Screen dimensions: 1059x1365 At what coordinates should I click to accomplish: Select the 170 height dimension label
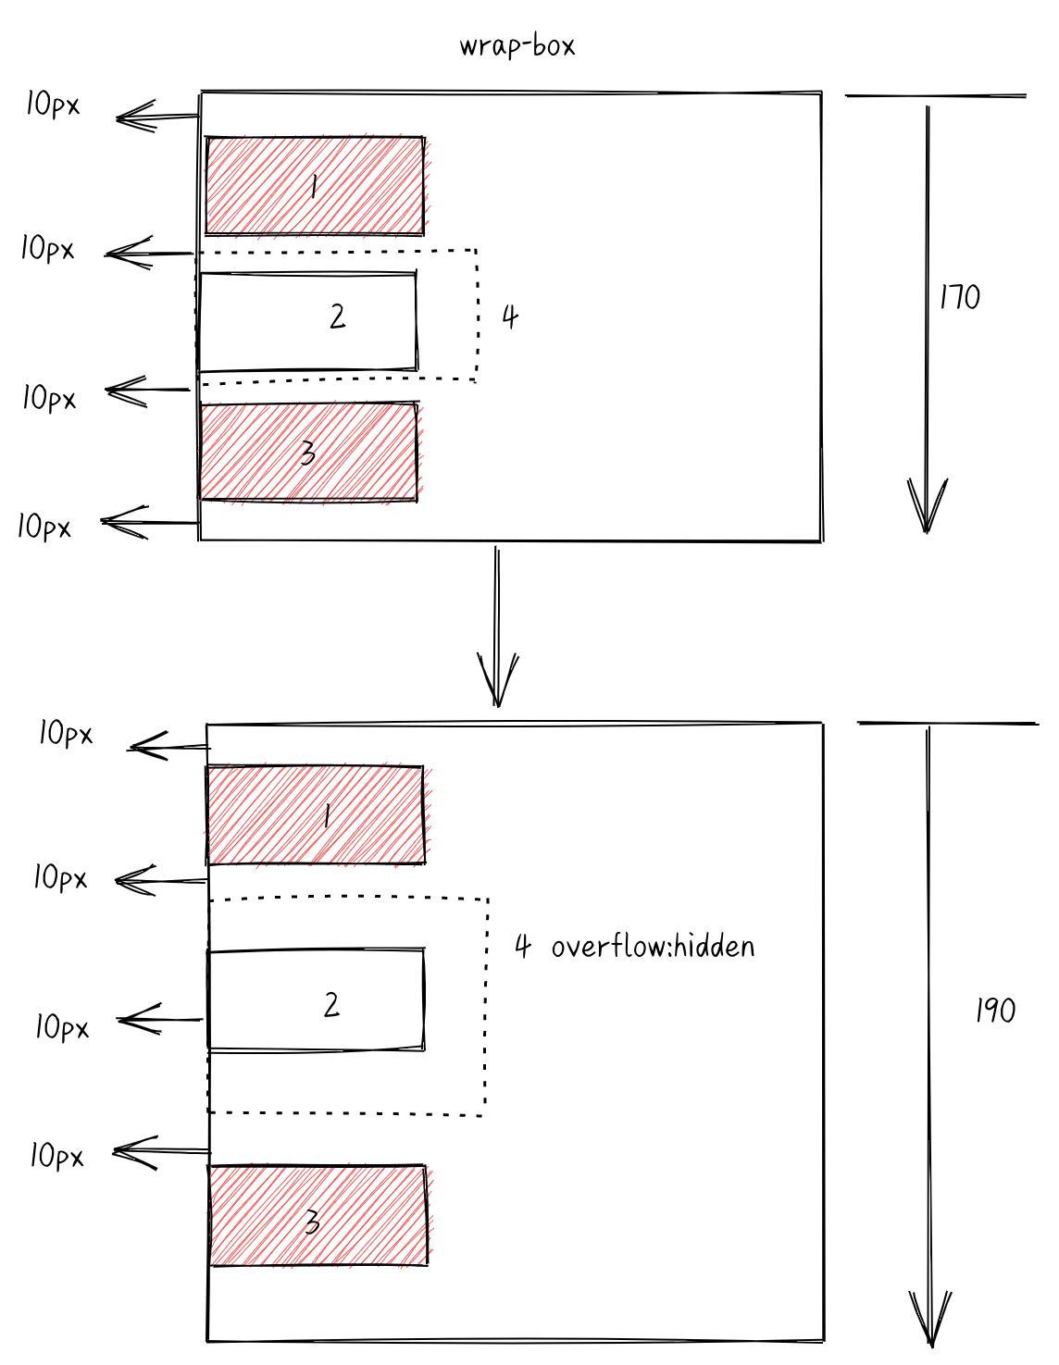tap(959, 297)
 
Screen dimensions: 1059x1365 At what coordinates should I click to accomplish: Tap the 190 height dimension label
tap(995, 1011)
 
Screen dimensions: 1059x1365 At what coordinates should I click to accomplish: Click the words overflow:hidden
tap(653, 947)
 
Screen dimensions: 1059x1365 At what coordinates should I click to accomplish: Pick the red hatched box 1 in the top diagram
tap(315, 186)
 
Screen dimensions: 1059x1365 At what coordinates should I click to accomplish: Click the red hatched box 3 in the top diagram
tap(307, 452)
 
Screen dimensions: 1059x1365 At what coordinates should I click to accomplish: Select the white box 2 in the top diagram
tap(307, 322)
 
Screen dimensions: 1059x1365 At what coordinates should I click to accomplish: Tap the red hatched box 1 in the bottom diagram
tap(315, 814)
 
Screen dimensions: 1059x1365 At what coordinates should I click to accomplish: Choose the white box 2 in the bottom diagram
tap(316, 999)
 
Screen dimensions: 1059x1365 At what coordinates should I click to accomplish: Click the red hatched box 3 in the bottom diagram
tap(318, 1215)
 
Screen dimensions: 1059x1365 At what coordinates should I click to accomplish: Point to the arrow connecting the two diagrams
tap(497, 627)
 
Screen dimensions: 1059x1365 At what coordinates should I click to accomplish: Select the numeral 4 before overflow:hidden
tap(523, 946)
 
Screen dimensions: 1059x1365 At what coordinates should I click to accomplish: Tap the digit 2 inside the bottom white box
tap(331, 1004)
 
